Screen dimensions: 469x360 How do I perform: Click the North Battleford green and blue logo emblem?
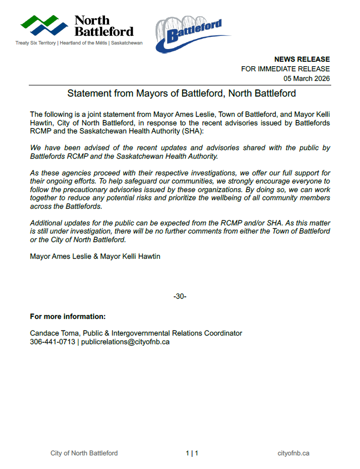44,25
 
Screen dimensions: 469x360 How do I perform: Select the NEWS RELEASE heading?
302,59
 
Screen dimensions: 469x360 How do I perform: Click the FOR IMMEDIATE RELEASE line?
285,69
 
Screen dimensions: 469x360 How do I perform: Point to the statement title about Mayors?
181,93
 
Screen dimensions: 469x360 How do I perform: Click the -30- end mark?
180,296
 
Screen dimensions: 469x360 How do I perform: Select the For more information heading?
68,317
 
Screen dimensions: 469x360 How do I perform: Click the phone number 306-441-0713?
53,342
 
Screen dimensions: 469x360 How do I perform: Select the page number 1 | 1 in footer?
192,453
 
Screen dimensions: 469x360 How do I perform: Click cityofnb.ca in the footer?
293,453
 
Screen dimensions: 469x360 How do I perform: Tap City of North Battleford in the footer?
84,453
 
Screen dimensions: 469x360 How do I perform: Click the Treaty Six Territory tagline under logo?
36,43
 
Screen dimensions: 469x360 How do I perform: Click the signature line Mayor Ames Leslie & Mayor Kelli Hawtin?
95,257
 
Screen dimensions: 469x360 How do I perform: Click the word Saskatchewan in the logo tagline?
127,43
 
